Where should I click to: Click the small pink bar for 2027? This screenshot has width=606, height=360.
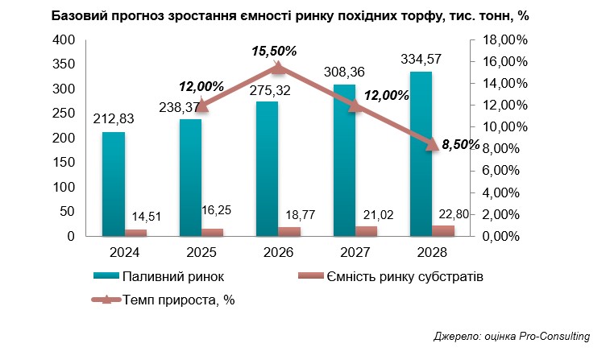pos(367,231)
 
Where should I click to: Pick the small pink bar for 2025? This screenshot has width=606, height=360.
pos(214,233)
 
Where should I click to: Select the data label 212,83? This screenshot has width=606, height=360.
pos(114,120)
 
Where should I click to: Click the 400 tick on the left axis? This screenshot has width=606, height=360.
pos(63,40)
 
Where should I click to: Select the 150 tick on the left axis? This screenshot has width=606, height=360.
pos(63,163)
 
